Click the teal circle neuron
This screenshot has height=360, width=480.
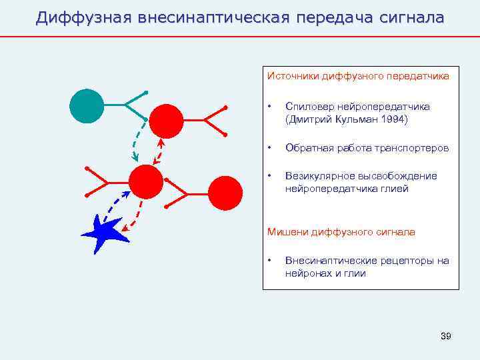click(x=87, y=105)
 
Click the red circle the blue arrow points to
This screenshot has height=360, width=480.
click(x=145, y=181)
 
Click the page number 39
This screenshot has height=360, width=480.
click(x=446, y=335)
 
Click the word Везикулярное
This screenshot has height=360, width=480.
click(x=317, y=176)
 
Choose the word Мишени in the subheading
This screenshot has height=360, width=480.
click(x=286, y=232)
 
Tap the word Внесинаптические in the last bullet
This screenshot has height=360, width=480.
click(x=329, y=260)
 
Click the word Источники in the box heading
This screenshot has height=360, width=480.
click(x=293, y=76)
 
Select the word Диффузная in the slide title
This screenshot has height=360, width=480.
click(x=83, y=17)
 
